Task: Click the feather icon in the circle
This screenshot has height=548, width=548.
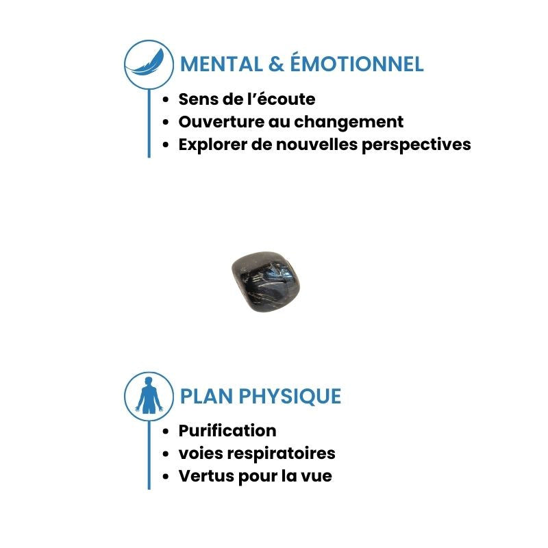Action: click(147, 63)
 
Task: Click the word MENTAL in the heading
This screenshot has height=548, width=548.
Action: click(221, 64)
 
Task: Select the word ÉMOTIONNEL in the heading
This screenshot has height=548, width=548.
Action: click(357, 62)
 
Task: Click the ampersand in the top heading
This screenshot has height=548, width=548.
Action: click(276, 64)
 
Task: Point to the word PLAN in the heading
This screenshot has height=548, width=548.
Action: click(207, 397)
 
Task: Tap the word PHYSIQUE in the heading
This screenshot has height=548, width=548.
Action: click(290, 397)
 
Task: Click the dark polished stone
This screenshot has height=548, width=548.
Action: click(266, 282)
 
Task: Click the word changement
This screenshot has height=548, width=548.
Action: click(349, 123)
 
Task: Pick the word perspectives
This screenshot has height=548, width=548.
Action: click(416, 145)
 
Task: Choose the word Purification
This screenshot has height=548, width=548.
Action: click(227, 431)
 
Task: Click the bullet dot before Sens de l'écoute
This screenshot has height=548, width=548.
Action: click(166, 99)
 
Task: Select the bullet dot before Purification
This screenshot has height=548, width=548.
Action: click(166, 431)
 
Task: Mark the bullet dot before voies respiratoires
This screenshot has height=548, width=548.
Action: click(166, 453)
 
